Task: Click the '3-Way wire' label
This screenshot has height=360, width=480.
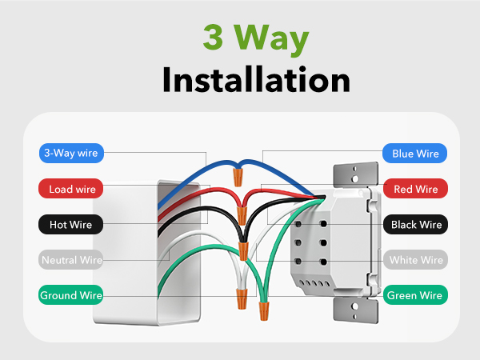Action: point(72,153)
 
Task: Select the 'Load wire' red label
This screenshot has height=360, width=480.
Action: point(72,189)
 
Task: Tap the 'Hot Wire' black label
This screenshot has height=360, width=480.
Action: point(72,225)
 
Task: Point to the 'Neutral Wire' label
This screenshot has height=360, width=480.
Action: point(72,260)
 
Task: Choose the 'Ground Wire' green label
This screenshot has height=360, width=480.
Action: point(72,295)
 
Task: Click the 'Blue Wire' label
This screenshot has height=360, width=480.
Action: point(414,153)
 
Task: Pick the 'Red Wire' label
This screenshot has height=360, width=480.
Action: point(414,189)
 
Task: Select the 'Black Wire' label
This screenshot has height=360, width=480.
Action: point(414,225)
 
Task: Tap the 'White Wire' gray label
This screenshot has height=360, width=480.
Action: point(414,260)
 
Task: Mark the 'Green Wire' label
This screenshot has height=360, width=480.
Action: point(414,295)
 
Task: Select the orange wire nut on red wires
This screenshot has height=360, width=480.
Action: point(240,214)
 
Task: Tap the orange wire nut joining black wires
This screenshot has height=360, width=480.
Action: point(243,250)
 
